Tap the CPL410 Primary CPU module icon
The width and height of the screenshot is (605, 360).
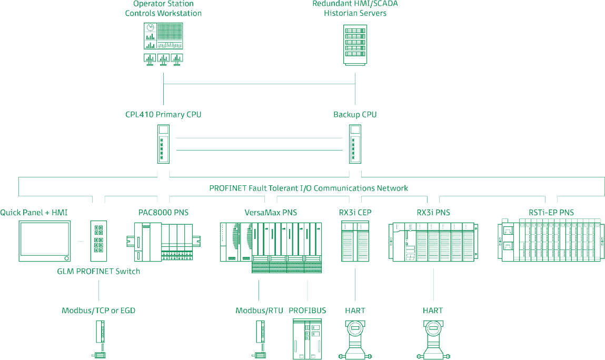tap(163, 144)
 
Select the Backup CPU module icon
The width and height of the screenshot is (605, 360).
tap(355, 144)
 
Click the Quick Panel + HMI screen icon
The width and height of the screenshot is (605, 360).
tap(45, 241)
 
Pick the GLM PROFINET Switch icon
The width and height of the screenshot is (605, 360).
tap(98, 241)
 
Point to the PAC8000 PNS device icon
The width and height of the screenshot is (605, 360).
tap(164, 242)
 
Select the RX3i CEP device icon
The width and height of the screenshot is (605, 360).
tap(355, 241)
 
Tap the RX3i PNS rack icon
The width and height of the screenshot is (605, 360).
tap(434, 241)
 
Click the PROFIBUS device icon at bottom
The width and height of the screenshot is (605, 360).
tap(308, 339)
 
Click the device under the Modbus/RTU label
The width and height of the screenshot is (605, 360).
tap(259, 339)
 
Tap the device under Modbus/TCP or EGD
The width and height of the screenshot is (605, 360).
tap(99, 339)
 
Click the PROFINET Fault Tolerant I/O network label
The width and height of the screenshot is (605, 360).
tap(309, 188)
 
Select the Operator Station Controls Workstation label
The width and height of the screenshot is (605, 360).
tap(163, 8)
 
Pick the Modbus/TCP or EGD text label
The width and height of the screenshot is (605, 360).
tap(98, 311)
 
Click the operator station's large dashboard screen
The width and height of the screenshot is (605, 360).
tap(163, 36)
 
